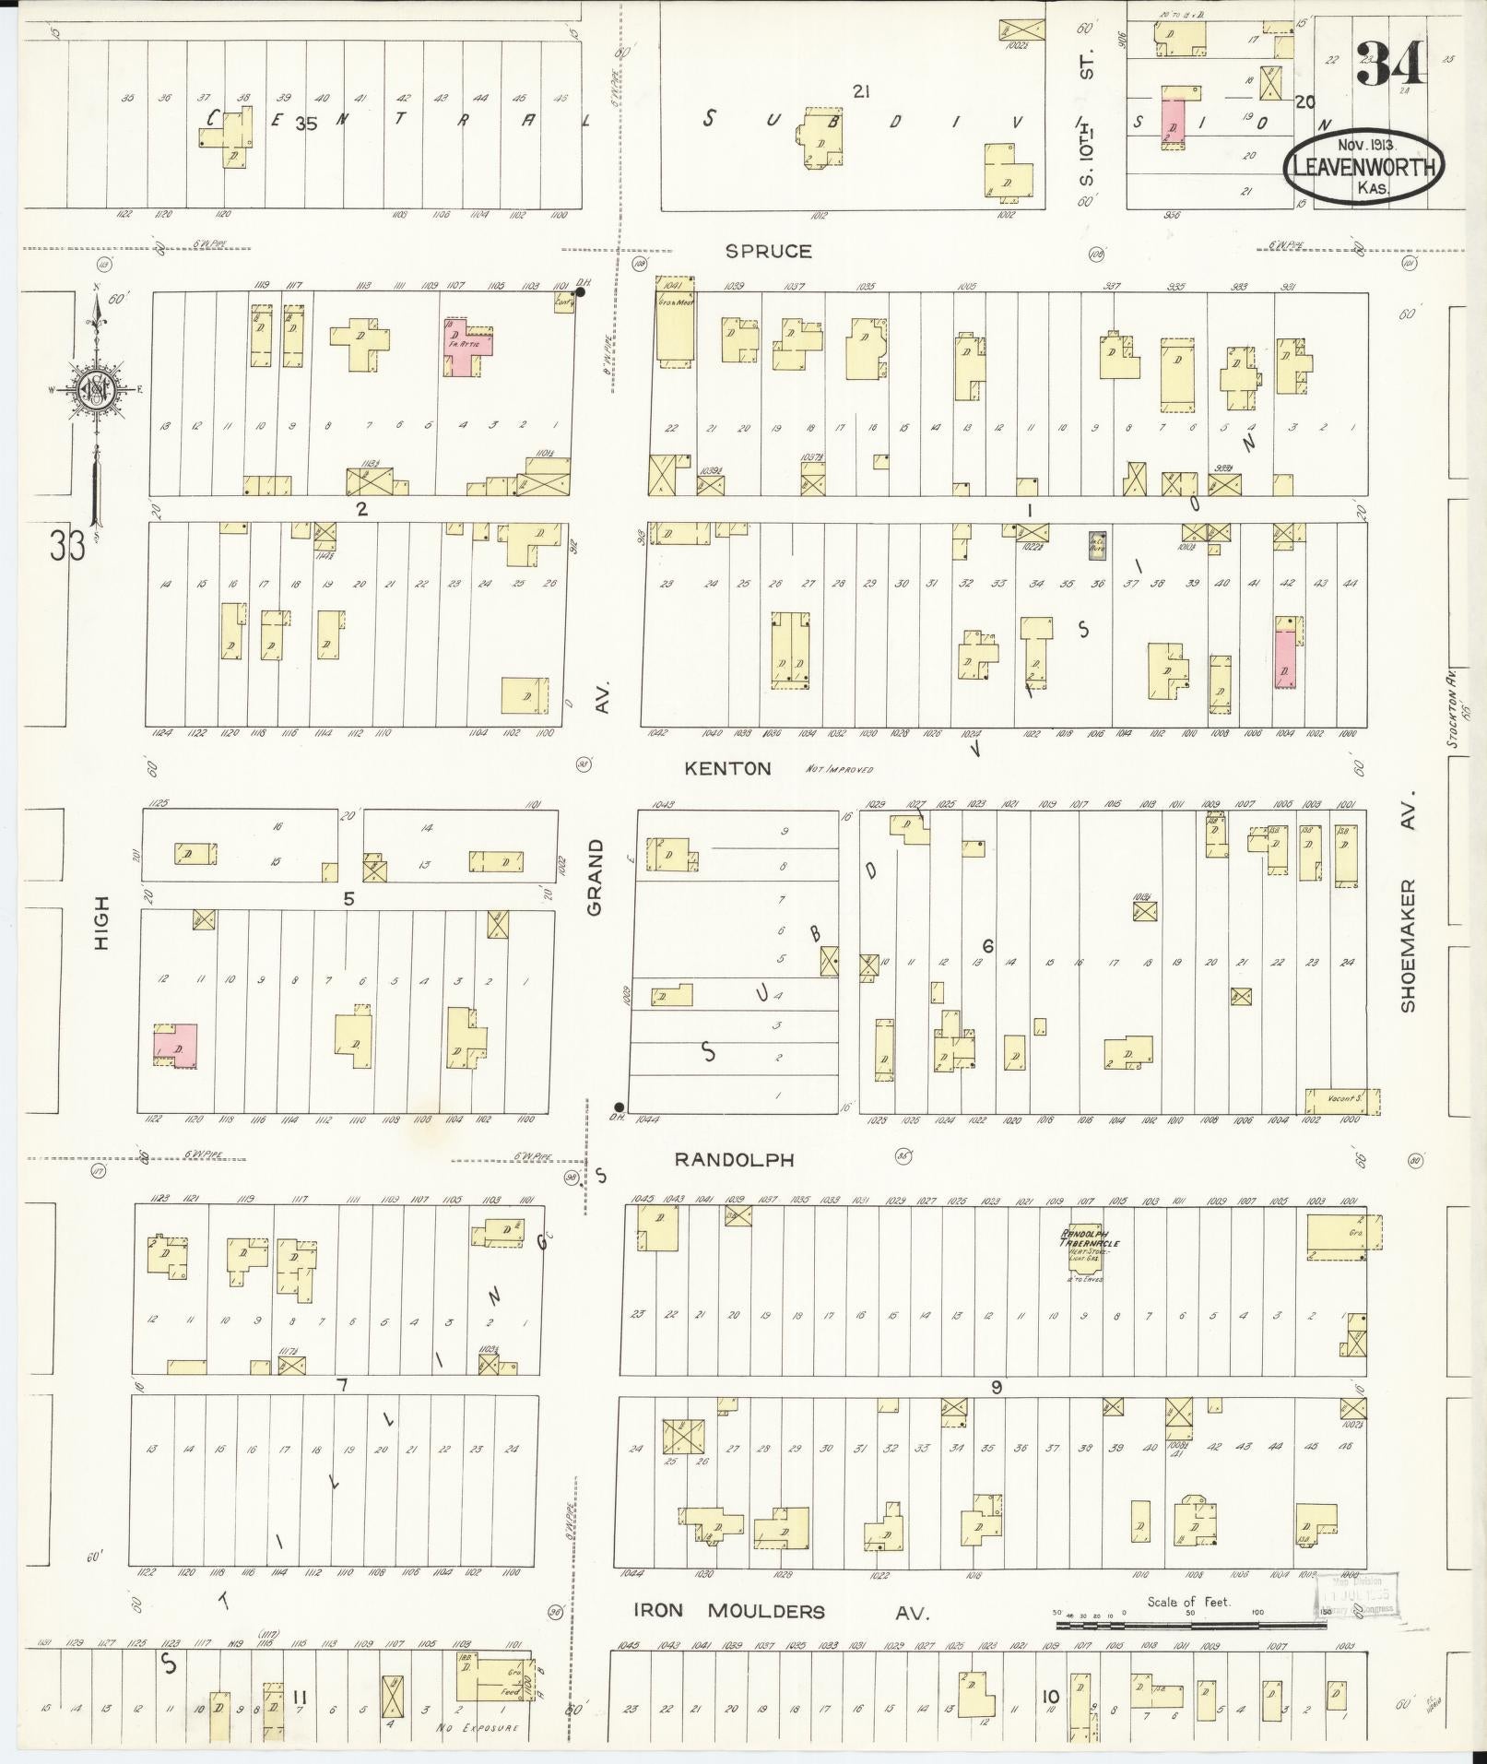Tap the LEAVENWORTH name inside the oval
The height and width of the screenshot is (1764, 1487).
point(1363,168)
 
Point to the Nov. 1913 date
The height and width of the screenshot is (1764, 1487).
point(1367,145)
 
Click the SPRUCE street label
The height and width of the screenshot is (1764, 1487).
point(768,251)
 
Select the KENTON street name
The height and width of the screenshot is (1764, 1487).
point(727,768)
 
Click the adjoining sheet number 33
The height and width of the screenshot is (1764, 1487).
point(68,545)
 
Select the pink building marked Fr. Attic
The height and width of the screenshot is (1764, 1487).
point(468,344)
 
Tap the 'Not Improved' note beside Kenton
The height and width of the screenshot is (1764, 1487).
point(838,768)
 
